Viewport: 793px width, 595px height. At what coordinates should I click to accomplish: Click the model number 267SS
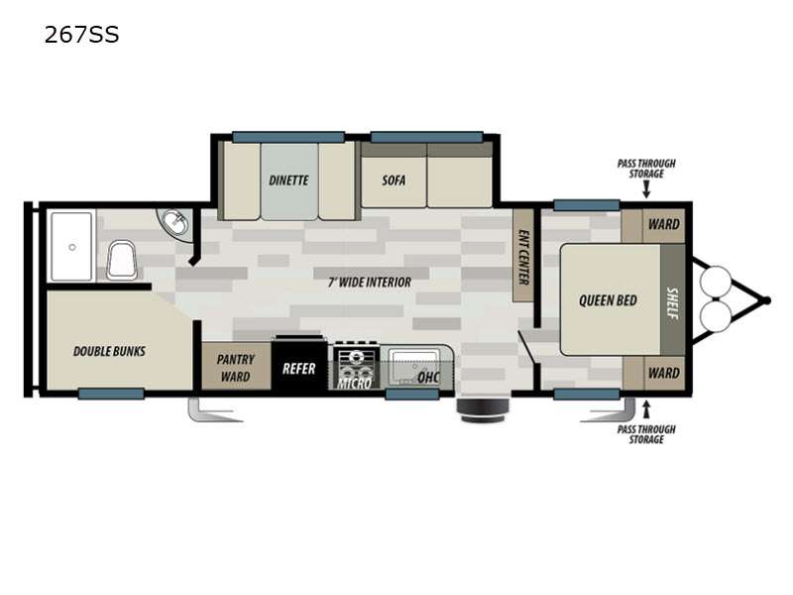pyautogui.click(x=81, y=35)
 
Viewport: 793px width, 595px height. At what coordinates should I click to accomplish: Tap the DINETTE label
pyautogui.click(x=288, y=180)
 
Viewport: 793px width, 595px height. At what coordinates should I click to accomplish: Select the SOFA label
pyautogui.click(x=394, y=180)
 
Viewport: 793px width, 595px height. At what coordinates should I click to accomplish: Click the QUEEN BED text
pyautogui.click(x=608, y=300)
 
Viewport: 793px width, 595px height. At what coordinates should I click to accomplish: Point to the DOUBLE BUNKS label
pyautogui.click(x=109, y=351)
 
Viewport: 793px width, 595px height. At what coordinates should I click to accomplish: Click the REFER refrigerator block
pyautogui.click(x=299, y=366)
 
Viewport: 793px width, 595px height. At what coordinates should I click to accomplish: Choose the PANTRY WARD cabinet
pyautogui.click(x=236, y=366)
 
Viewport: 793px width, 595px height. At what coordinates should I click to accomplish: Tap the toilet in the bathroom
pyautogui.click(x=122, y=260)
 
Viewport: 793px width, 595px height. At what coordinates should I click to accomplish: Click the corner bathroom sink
pyautogui.click(x=175, y=223)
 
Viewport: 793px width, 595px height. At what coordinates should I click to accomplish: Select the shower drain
pyautogui.click(x=72, y=247)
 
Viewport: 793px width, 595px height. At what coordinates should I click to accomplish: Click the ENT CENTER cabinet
pyautogui.click(x=523, y=255)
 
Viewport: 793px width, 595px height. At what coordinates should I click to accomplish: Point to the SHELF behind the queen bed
pyautogui.click(x=673, y=300)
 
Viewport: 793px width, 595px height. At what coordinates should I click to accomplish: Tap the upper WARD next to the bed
pyautogui.click(x=653, y=224)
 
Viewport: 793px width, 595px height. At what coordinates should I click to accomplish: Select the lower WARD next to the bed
pyautogui.click(x=653, y=374)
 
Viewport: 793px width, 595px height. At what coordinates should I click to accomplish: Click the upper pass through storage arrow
pyautogui.click(x=646, y=189)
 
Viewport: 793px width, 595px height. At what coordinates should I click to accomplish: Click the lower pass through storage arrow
pyautogui.click(x=646, y=410)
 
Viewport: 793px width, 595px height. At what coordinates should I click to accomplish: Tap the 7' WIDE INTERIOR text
pyautogui.click(x=370, y=283)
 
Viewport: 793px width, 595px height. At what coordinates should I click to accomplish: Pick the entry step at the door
pyautogui.click(x=483, y=410)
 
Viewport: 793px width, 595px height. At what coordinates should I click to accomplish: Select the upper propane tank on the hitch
pyautogui.click(x=716, y=282)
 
